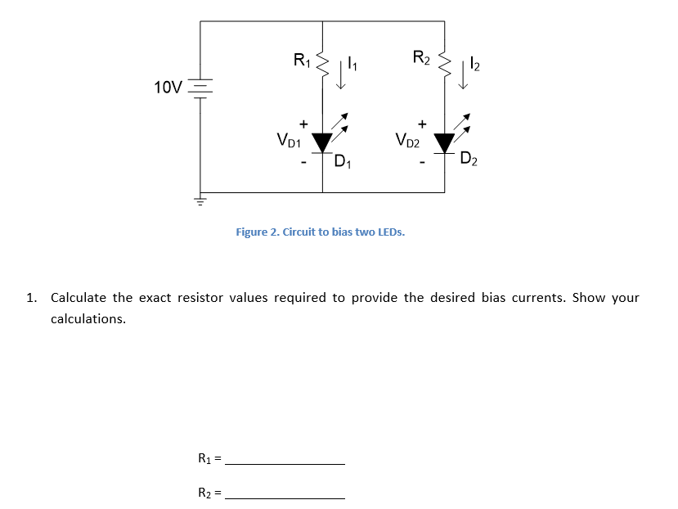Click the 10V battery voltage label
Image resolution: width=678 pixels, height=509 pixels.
[x=168, y=87]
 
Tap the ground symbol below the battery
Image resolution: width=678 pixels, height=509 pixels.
[x=200, y=200]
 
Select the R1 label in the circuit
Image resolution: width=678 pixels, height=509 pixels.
[x=301, y=59]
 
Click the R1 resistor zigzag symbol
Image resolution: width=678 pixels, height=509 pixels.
[x=322, y=59]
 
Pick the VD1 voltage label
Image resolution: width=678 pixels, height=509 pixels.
[x=289, y=141]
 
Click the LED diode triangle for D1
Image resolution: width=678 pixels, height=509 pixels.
[x=322, y=142]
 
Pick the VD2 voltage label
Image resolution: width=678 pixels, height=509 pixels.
[x=407, y=141]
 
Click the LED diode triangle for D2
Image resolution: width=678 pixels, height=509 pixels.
[x=445, y=142]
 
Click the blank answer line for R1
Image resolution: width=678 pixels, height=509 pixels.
[x=284, y=463]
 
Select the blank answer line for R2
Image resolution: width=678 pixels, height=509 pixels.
[x=284, y=498]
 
